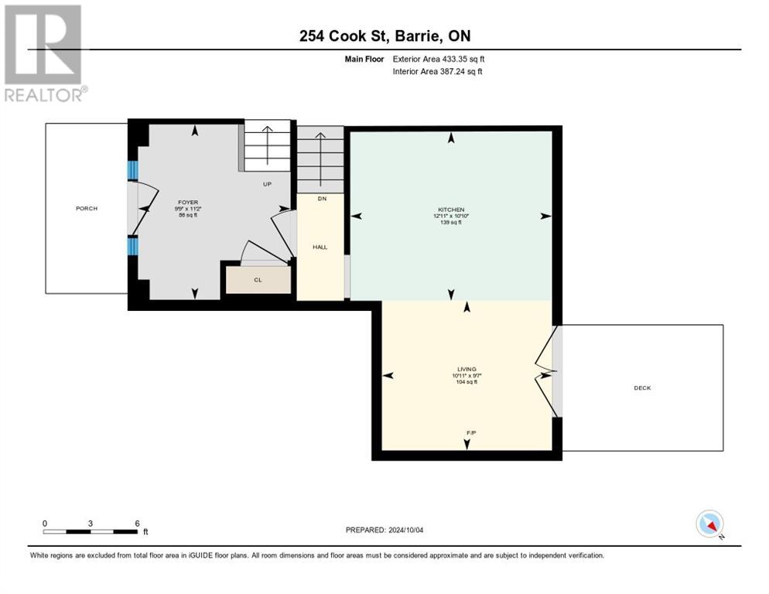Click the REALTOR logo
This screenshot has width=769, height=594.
coord(43,53)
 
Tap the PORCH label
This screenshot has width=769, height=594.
coord(86,208)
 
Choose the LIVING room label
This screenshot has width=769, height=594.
coord(466,370)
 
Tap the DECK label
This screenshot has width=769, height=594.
coord(642,387)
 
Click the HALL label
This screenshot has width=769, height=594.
coord(320,247)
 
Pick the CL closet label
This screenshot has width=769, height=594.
coord(258,280)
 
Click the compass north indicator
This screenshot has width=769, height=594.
coord(709,524)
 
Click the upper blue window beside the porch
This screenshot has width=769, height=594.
coord(132,169)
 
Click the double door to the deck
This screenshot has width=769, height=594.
coord(548,370)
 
